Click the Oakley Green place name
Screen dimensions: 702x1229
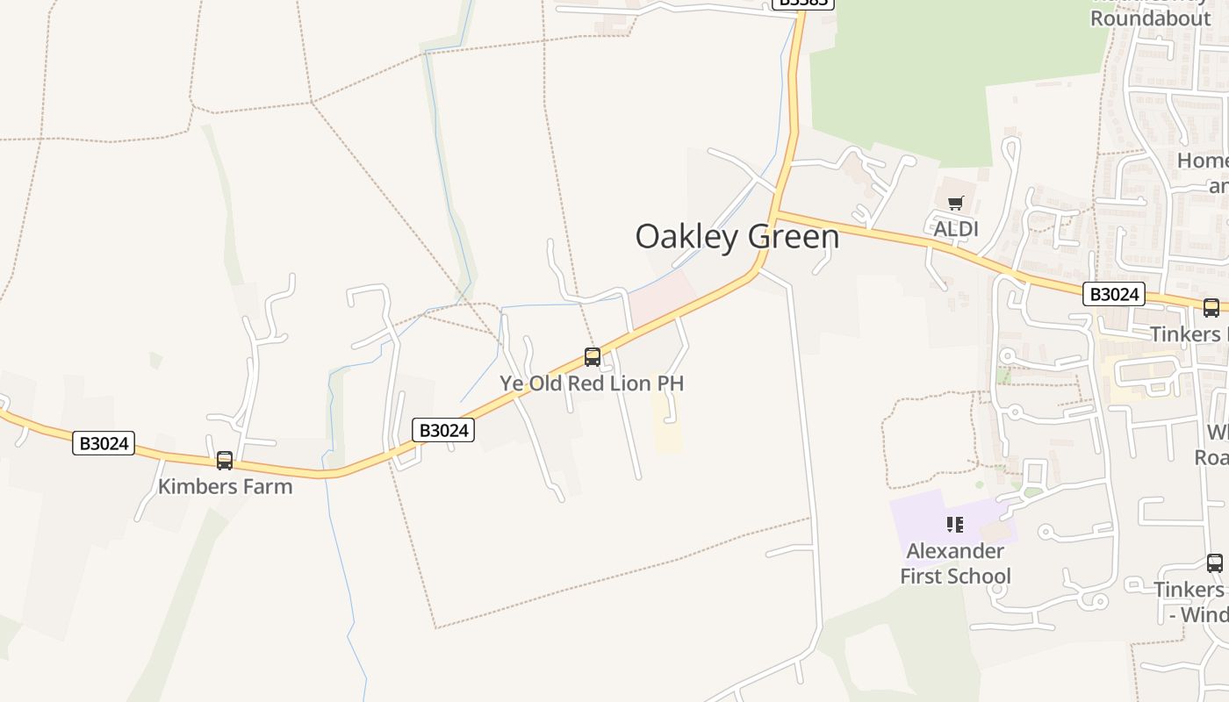737,237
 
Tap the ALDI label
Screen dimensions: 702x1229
955,229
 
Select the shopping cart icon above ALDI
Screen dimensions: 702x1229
956,204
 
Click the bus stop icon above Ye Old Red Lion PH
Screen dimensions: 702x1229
593,357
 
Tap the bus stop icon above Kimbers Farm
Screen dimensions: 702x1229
225,460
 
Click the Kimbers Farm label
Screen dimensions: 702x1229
225,486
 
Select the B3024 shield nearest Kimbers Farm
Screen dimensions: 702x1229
104,443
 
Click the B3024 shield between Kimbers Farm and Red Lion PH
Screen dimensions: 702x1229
443,430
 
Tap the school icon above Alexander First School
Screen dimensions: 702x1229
955,525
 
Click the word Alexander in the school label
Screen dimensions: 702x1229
955,551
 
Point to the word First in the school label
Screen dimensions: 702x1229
924,577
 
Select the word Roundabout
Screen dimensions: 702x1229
1150,18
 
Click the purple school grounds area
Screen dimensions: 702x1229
917,518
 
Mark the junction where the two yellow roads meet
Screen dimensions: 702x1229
775,212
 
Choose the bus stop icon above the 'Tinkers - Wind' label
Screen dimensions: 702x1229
1214,562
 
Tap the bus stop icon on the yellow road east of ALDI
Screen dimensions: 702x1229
1211,307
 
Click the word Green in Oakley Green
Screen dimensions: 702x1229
794,237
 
